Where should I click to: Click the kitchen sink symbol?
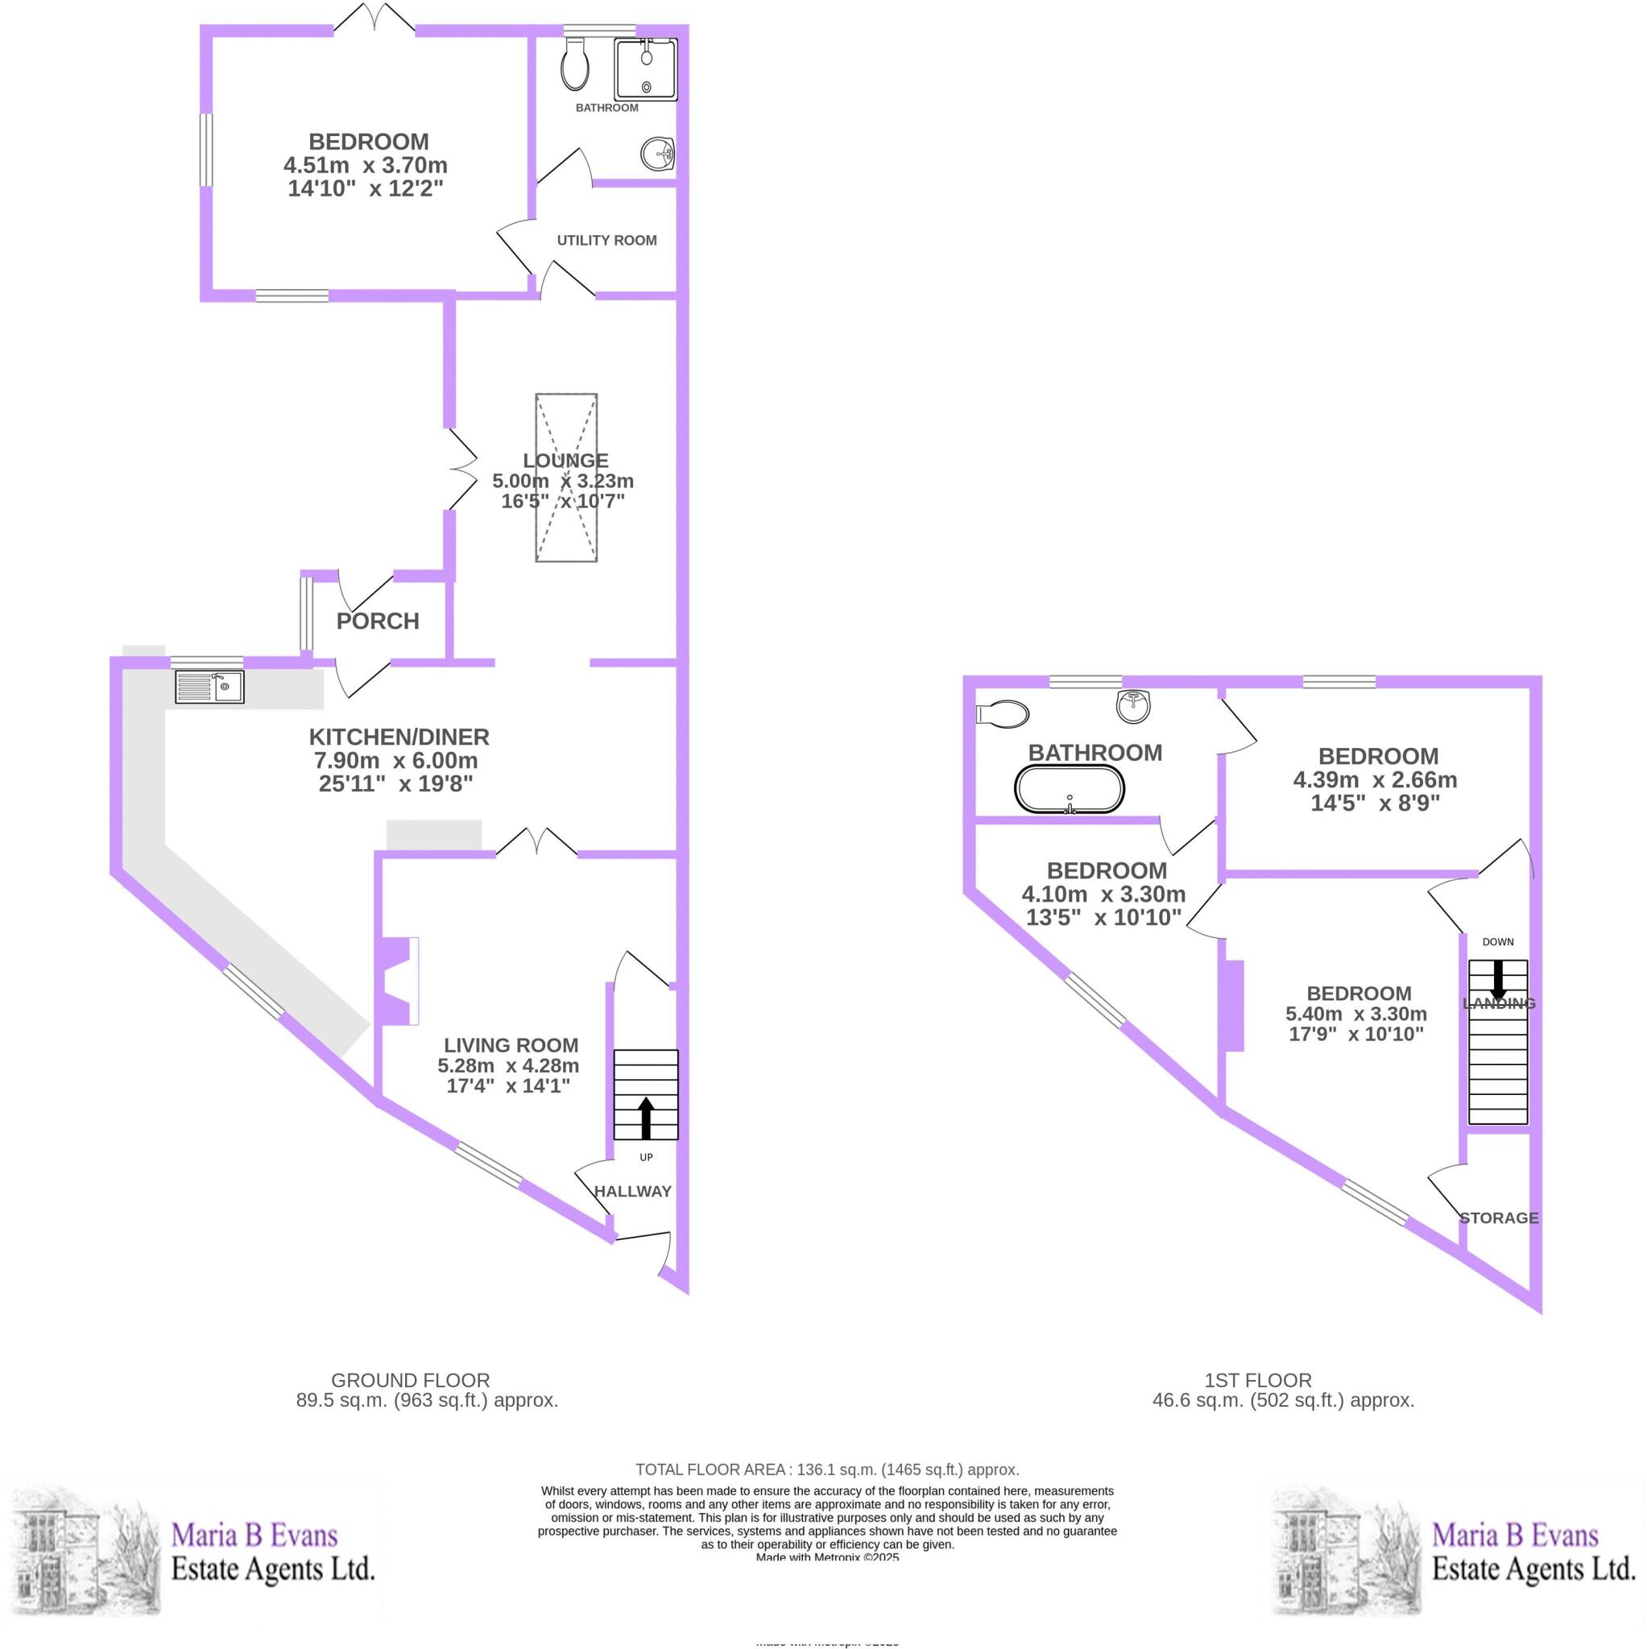tap(209, 686)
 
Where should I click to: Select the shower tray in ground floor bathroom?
tap(645, 69)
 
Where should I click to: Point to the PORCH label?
tap(378, 622)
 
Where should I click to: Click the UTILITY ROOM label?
tap(606, 241)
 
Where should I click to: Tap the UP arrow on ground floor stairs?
tap(645, 1118)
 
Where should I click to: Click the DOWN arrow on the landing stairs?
tap(1497, 979)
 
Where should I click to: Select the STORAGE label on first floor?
tap(1499, 1218)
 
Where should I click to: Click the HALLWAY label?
tap(633, 1192)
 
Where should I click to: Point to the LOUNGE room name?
tap(565, 461)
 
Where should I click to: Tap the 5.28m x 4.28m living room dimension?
tap(508, 1066)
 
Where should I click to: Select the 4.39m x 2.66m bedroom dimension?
tap(1375, 780)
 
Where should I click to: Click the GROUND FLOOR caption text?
tap(410, 1380)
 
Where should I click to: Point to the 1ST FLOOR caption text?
tap(1258, 1380)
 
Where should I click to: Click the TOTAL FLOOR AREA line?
tap(826, 1469)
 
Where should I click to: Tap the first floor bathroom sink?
tap(1134, 706)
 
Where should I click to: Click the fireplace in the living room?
tap(399, 981)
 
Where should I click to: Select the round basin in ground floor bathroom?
tap(657, 155)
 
